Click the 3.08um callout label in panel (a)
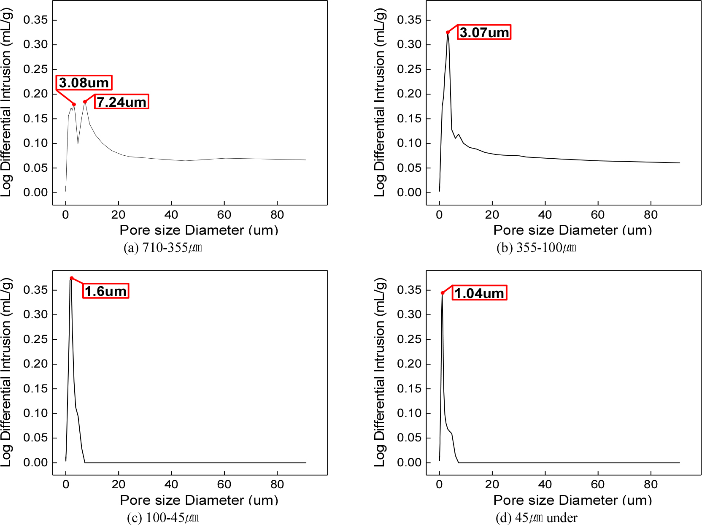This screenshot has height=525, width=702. point(84,83)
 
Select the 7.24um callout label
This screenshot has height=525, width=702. point(121,102)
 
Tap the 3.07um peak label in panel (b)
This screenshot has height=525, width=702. point(484,32)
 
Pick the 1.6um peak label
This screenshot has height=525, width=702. point(105,291)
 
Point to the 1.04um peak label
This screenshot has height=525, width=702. point(479,293)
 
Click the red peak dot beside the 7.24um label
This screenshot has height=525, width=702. point(85,102)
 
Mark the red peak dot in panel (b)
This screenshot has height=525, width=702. point(448,32)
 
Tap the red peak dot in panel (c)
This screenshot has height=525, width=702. point(72,278)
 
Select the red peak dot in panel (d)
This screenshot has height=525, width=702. point(443,293)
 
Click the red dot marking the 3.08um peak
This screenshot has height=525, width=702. point(74,104)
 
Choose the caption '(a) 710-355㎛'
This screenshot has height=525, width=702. point(163,247)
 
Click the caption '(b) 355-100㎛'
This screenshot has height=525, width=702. point(536,247)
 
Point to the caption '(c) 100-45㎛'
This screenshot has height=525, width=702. point(163,517)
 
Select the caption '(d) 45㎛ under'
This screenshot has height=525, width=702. point(536,517)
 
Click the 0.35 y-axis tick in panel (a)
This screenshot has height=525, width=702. point(35,20)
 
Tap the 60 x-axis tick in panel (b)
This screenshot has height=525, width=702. point(598,215)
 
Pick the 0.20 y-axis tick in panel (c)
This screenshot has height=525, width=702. point(35,364)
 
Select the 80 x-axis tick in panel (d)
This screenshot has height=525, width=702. point(651,484)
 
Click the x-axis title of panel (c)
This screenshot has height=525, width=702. point(199,500)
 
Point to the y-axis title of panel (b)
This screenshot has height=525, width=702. point(380,103)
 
